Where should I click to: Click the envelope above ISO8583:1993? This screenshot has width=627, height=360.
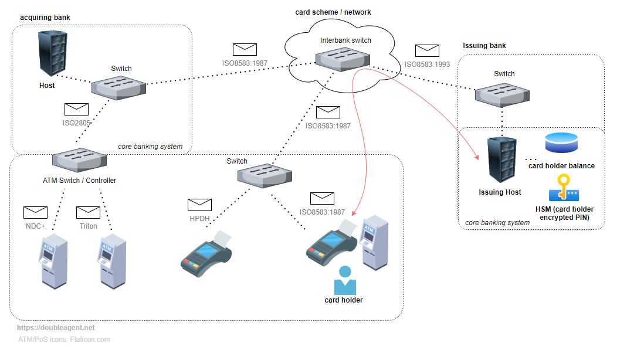427,50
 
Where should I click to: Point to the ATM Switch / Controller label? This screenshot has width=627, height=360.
79,181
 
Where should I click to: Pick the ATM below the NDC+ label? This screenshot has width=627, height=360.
53,260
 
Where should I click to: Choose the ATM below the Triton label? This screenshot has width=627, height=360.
113,260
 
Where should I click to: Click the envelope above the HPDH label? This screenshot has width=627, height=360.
199,205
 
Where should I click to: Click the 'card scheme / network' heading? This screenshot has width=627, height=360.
333,12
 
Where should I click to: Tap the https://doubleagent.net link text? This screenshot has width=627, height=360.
56,328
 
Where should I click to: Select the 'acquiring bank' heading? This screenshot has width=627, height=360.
45,18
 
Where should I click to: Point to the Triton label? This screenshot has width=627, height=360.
88,226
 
